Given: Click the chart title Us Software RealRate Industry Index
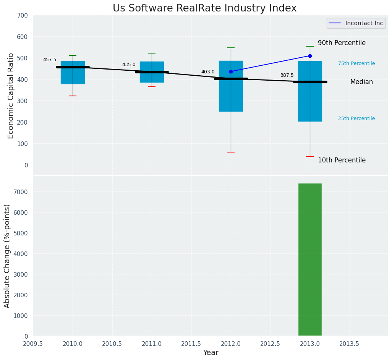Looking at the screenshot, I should coord(204,8).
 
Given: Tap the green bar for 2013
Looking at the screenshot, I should coord(310,259).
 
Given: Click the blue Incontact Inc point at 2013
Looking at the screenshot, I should coord(310,56).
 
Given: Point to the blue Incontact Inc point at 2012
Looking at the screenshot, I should coord(231,71).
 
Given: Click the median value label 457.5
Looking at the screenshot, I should coord(50,60).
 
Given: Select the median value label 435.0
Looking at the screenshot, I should coord(129,65).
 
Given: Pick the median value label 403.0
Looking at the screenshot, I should coord(208,72).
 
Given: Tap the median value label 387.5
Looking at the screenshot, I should coord(287,75).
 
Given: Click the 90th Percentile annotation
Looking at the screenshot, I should coord(342,43).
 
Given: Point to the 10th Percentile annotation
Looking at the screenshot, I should coord(342,161).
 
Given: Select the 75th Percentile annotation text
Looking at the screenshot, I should coord(356,63).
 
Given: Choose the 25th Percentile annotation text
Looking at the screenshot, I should coord(356,118).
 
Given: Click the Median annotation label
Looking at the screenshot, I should coord(361,82).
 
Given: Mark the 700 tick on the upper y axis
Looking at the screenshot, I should coord(22,15).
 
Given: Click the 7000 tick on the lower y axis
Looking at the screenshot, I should coord(20,192).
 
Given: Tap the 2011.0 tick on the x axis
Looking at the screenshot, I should coord(152,344).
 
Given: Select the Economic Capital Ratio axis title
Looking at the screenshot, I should coord(11,96).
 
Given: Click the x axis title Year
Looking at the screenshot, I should coord(211,353).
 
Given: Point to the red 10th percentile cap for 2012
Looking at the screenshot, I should coord(231,152).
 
